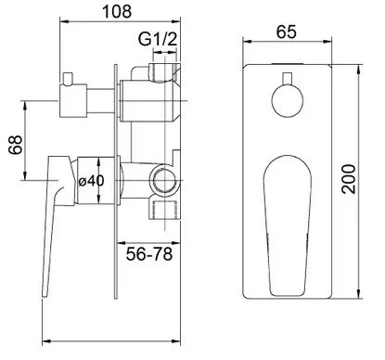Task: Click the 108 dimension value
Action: point(117,12)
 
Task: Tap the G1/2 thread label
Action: point(158,39)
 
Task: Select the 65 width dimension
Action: point(287,32)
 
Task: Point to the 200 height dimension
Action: point(349,179)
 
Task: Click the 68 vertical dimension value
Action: point(16,145)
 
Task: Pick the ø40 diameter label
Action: point(91,181)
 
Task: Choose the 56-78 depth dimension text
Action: point(149,254)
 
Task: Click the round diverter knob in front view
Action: point(288,101)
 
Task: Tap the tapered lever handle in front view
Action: point(288,225)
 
